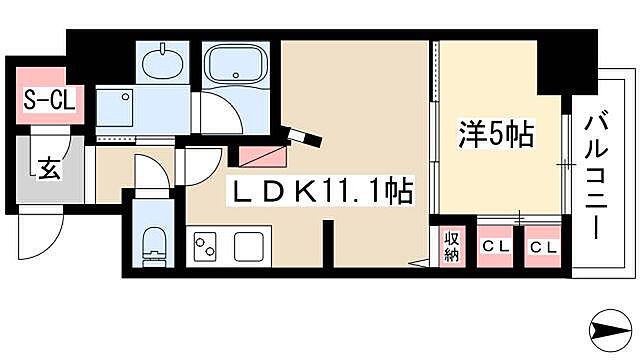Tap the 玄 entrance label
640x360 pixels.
[45, 167]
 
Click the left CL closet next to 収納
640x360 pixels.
[495, 246]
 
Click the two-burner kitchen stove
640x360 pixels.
[207, 245]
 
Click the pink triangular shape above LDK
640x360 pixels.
[262, 155]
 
